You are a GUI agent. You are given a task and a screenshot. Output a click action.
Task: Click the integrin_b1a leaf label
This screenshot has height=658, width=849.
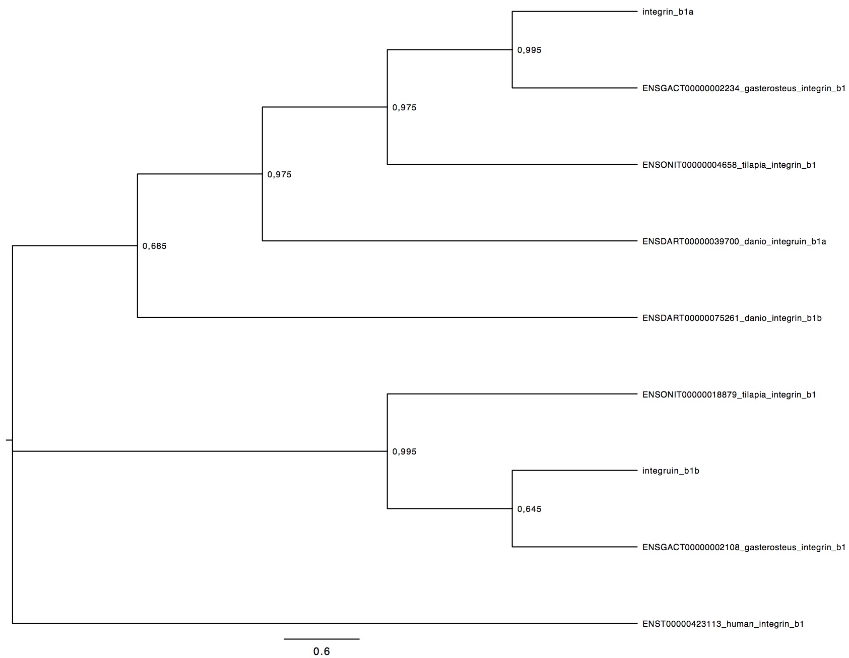[668, 12]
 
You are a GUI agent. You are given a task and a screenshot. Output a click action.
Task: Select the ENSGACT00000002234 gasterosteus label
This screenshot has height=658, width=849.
[744, 89]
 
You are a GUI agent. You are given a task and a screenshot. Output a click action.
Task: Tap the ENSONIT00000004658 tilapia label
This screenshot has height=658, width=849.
[729, 165]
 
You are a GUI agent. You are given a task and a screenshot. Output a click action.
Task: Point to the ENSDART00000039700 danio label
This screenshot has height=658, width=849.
[734, 241]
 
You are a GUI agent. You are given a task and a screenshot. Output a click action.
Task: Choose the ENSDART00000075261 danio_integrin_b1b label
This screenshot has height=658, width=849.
[732, 318]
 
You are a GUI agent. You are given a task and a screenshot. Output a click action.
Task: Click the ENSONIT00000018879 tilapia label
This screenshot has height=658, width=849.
[729, 394]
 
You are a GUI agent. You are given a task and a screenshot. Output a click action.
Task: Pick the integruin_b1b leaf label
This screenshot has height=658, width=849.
[671, 471]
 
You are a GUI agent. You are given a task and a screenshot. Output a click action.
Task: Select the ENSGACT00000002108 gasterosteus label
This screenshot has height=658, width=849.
[744, 548]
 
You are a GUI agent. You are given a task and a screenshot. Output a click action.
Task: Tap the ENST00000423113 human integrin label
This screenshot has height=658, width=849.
[723, 624]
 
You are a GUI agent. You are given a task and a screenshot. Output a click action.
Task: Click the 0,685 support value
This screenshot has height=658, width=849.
[154, 246]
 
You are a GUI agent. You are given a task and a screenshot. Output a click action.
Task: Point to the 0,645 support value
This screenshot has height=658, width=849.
[529, 509]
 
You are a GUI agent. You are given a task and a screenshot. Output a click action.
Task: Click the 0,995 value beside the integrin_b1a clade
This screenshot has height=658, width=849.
[529, 50]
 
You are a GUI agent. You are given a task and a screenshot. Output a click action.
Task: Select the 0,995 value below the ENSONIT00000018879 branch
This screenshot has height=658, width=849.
[404, 452]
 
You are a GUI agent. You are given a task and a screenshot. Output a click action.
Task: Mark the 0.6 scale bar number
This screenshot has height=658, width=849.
[321, 651]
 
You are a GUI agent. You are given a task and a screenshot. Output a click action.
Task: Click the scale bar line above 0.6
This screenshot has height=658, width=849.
[321, 639]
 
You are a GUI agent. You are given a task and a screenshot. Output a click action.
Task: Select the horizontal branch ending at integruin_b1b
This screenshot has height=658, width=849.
[575, 471]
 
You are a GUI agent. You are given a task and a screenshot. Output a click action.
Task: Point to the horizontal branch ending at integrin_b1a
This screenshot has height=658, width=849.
[575, 12]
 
